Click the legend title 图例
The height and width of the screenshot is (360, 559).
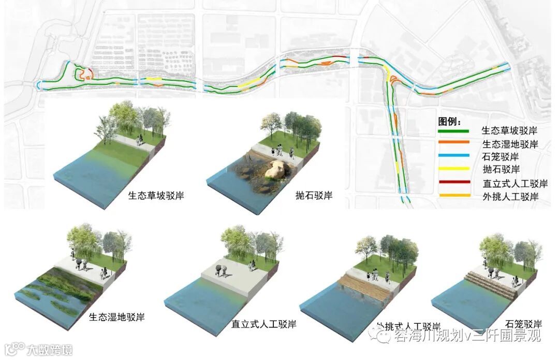coord(448,122)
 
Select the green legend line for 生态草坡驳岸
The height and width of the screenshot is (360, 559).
coord(454,131)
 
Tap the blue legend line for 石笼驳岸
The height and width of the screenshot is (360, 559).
coord(454,156)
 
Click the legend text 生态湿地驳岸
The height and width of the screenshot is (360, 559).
coord(510,144)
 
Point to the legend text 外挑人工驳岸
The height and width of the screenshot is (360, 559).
coord(510,197)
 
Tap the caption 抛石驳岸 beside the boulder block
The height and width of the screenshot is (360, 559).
coord(314,196)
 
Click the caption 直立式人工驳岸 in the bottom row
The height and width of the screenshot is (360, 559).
coord(263,324)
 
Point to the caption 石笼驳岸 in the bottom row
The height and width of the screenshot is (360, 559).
coord(523,324)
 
